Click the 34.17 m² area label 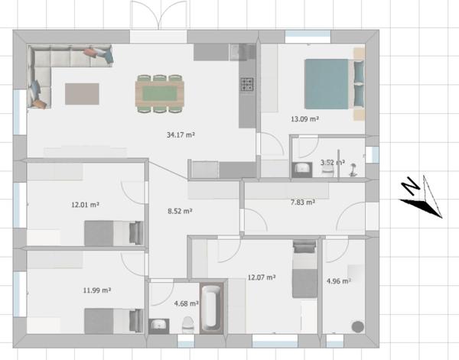pyautogui.click(x=181, y=135)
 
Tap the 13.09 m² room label pyautogui.click(x=304, y=119)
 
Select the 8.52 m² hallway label pyautogui.click(x=180, y=211)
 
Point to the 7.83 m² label pyautogui.click(x=303, y=202)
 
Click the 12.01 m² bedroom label pyautogui.click(x=85, y=204)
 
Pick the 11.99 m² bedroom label pyautogui.click(x=97, y=290)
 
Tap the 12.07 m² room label pyautogui.click(x=262, y=277)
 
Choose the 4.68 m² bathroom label pyautogui.click(x=187, y=303)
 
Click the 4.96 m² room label pyautogui.click(x=339, y=281)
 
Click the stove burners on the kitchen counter pyautogui.click(x=247, y=84)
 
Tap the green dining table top pyautogui.click(x=160, y=93)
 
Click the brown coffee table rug pyautogui.click(x=82, y=94)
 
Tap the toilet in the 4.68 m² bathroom pyautogui.click(x=187, y=325)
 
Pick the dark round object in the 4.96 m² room pyautogui.click(x=358, y=326)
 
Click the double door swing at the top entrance pyautogui.click(x=158, y=15)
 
